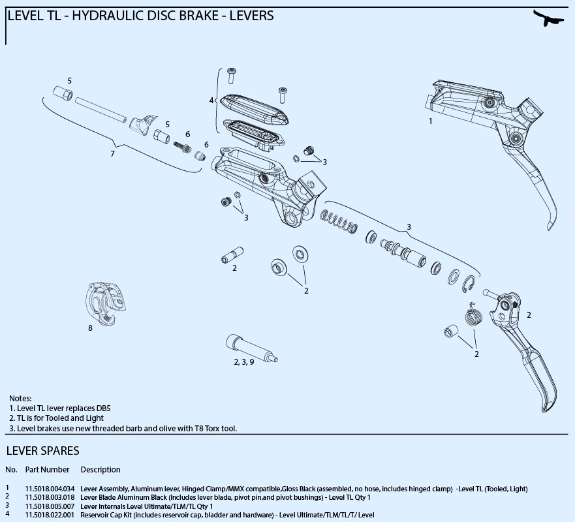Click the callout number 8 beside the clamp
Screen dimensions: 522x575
click(91, 328)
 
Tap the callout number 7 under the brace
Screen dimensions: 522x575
click(112, 154)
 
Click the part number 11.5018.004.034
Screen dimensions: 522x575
click(50, 488)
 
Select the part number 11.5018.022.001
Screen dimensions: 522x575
click(50, 515)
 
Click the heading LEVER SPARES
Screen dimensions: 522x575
click(42, 451)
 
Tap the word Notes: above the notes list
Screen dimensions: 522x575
click(20, 398)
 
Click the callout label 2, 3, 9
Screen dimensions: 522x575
click(244, 361)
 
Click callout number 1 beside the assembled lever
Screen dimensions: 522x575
click(430, 121)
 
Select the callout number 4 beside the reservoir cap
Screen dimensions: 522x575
click(211, 100)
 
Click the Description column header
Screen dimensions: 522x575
click(101, 470)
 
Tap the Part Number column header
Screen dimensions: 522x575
click(47, 470)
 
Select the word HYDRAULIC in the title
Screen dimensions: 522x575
click(106, 14)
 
